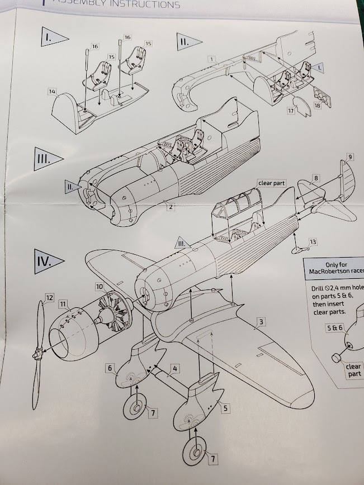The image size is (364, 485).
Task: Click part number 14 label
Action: point(52,91)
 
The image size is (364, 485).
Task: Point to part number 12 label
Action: point(49,298)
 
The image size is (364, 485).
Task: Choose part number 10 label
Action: point(99,286)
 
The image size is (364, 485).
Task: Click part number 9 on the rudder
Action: point(350,157)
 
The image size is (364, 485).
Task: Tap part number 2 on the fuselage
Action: point(168,208)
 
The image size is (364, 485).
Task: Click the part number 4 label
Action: point(174,369)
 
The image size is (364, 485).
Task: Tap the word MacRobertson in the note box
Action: point(332,272)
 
